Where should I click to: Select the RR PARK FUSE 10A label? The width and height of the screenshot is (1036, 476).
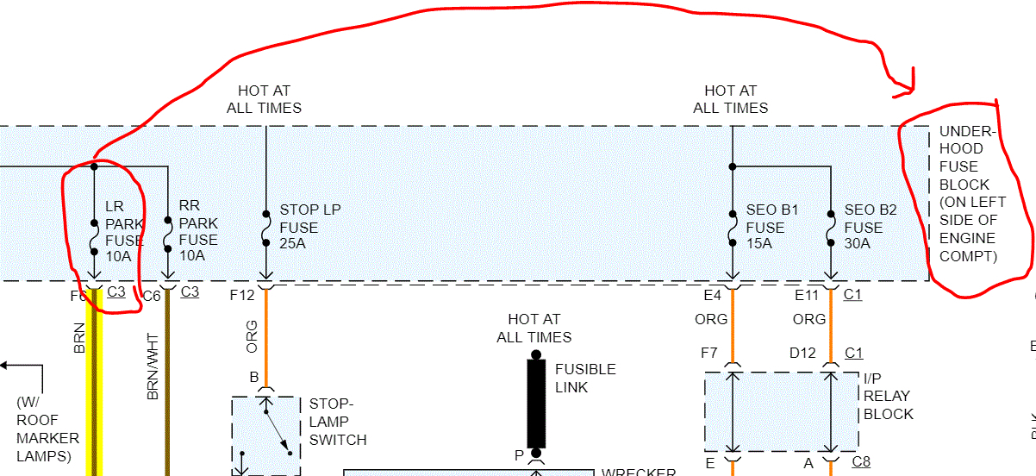click(197, 230)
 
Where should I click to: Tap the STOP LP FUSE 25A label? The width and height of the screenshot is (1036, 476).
click(298, 228)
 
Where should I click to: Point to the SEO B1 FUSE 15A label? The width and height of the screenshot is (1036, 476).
click(765, 228)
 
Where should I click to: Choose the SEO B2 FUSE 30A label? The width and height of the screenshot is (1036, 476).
click(870, 228)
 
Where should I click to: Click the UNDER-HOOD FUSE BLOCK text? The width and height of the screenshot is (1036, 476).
click(967, 194)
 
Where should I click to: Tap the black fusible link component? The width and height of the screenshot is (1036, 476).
click(536, 404)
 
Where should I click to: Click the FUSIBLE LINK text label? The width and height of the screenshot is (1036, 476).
click(585, 379)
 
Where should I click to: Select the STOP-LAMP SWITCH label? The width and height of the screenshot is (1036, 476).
click(338, 422)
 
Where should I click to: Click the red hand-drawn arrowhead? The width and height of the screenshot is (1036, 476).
click(905, 87)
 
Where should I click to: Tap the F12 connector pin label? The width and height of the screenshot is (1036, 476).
click(242, 296)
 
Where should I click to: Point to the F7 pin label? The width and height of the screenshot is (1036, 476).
click(708, 353)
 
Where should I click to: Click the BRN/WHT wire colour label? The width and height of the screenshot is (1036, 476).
click(153, 366)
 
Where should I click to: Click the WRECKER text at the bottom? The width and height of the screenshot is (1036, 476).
click(638, 472)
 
